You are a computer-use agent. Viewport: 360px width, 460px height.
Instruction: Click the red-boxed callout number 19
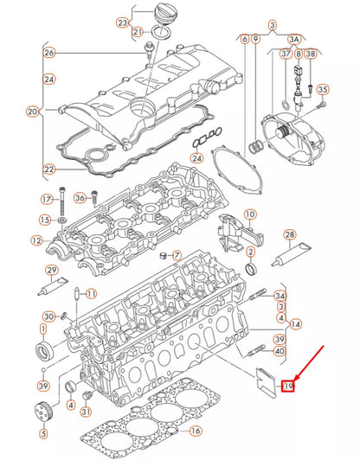[290, 386]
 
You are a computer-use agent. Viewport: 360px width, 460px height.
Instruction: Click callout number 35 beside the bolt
[322, 89]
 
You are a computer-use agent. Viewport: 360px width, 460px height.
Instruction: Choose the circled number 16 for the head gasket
[195, 430]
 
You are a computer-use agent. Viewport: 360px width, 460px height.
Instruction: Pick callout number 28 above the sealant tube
[289, 235]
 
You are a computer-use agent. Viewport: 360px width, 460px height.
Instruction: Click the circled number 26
[48, 53]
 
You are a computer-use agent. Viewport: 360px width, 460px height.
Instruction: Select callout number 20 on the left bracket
[33, 112]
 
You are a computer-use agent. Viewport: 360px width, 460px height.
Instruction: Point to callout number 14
[296, 323]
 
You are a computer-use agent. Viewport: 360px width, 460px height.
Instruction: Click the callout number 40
[279, 351]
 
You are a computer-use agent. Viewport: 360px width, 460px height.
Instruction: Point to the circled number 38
[310, 54]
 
